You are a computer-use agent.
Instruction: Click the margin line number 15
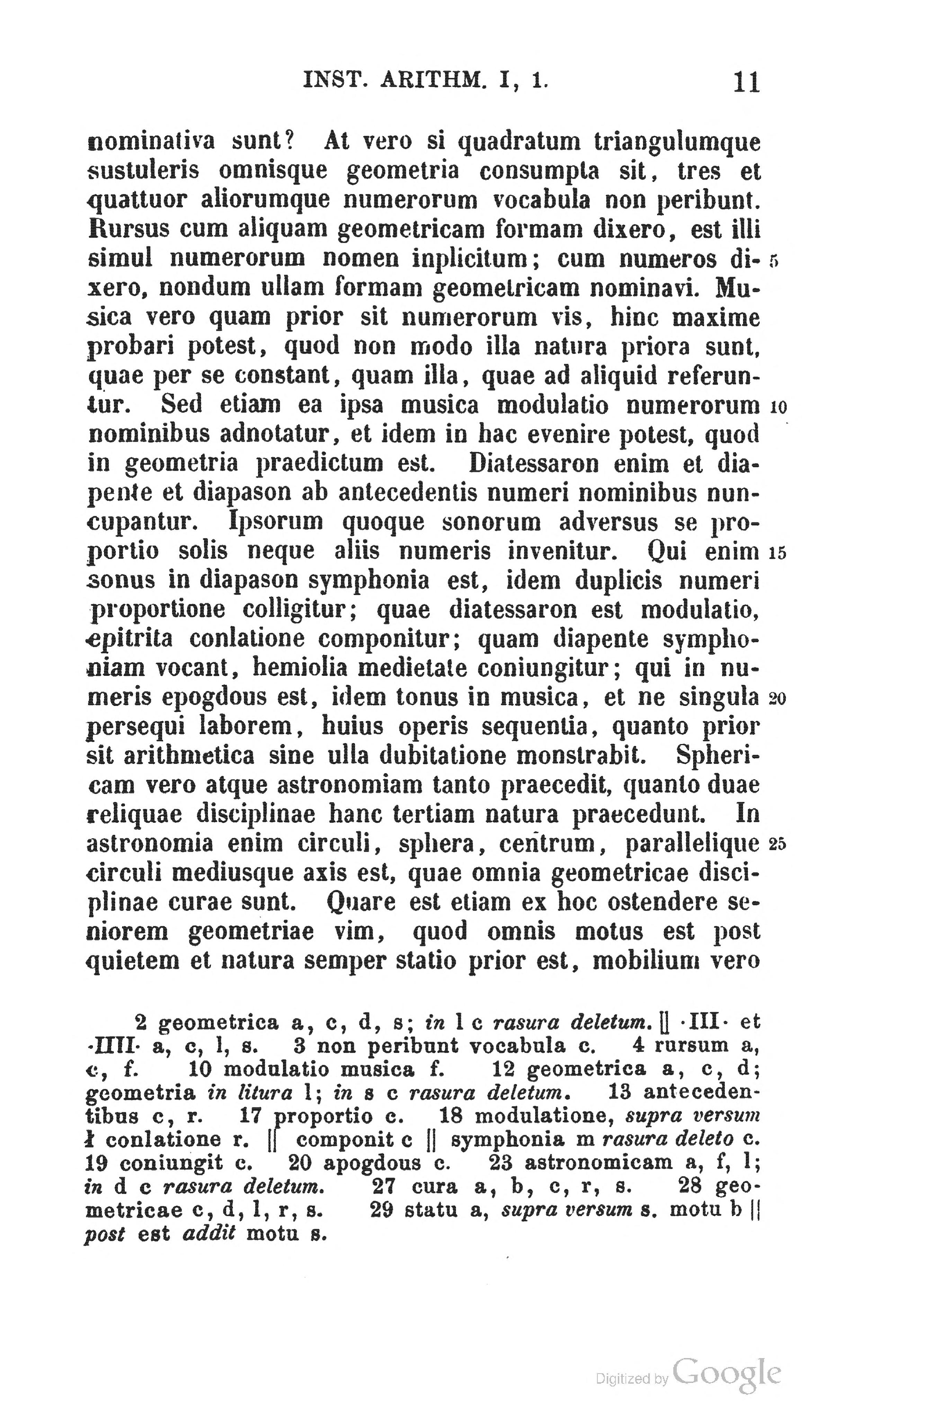[778, 553]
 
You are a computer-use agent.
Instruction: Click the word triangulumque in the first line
[677, 143]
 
